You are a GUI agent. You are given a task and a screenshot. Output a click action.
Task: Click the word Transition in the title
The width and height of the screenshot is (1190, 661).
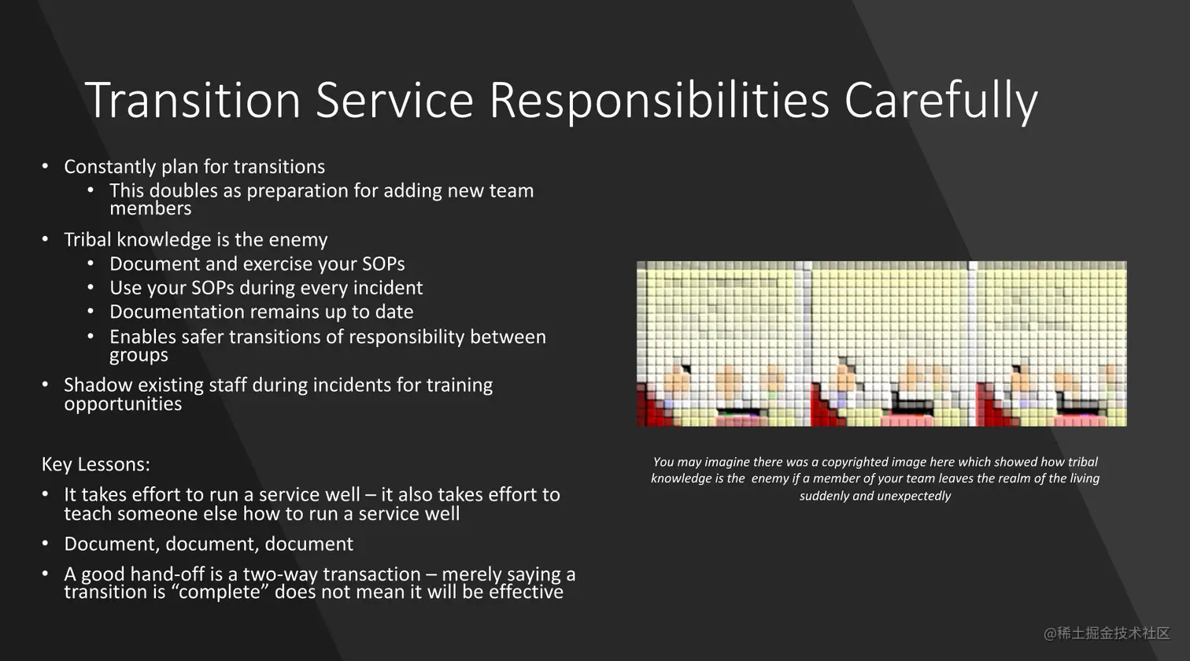click(x=193, y=100)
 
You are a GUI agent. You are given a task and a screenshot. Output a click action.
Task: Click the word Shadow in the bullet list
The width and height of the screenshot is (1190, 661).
click(x=98, y=385)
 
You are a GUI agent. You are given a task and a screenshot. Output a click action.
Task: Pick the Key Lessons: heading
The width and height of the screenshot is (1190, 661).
click(x=96, y=464)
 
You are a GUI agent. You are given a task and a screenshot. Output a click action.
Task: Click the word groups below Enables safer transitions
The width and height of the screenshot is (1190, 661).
click(x=139, y=356)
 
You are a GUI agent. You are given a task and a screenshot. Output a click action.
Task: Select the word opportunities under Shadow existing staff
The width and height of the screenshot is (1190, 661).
click(x=123, y=404)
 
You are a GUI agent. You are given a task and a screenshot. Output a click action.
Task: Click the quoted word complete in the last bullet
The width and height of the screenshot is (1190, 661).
click(x=220, y=592)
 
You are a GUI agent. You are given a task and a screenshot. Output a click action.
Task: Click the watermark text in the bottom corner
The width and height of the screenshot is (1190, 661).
click(x=1107, y=633)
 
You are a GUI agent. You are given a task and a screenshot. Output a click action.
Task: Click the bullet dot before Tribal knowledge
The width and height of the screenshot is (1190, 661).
click(x=45, y=239)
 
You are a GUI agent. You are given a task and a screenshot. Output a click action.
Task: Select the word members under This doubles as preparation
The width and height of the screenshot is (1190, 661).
click(x=150, y=209)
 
